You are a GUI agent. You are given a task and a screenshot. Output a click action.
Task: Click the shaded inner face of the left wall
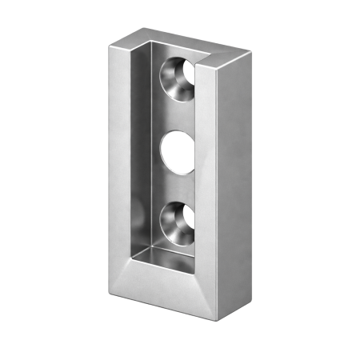(x=138, y=160)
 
